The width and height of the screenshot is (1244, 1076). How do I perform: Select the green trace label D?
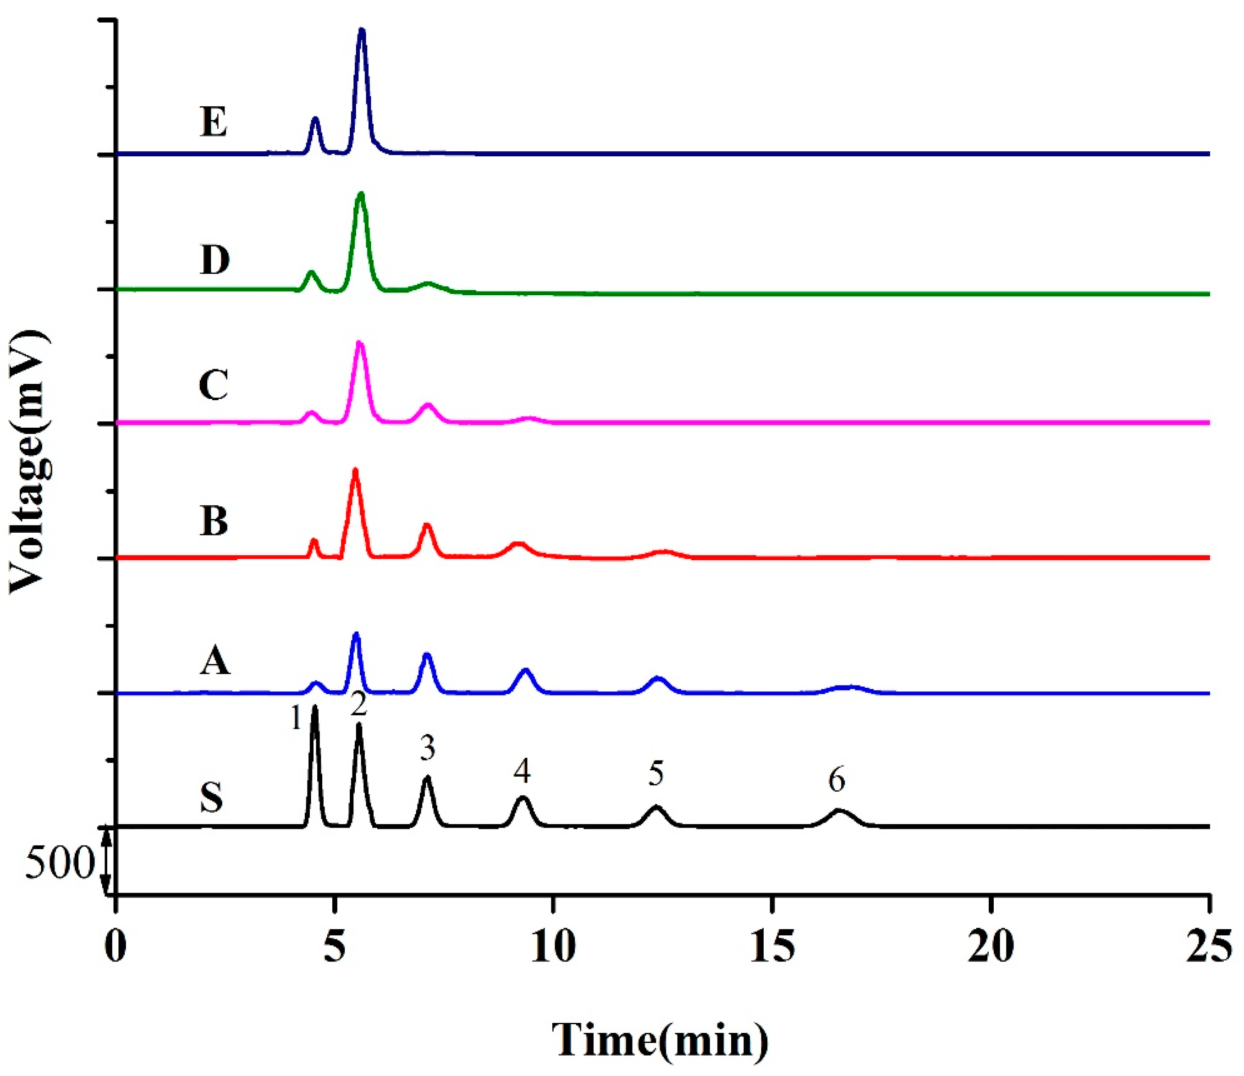point(215,259)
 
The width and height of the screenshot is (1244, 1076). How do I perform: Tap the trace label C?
point(214,385)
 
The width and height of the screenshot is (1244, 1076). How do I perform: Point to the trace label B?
point(214,521)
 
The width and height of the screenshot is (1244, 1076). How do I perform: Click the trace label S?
point(211,798)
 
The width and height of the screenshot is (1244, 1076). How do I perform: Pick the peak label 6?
point(837,780)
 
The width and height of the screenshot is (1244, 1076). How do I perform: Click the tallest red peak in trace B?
point(355,471)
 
